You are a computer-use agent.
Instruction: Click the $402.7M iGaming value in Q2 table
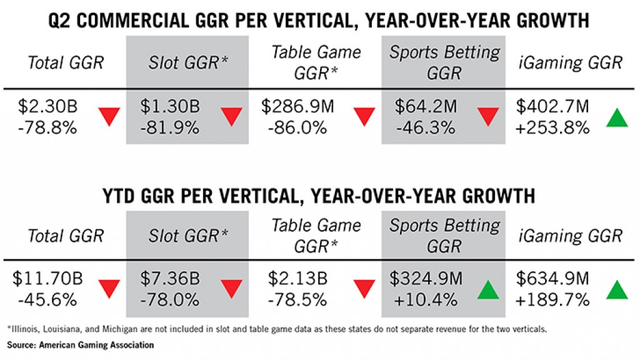552,106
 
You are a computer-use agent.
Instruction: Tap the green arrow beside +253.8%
617,117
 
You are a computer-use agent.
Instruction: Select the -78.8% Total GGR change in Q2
47,128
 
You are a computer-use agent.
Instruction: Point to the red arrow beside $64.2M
488,117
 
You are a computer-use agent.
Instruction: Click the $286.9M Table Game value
297,106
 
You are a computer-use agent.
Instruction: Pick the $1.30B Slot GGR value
170,106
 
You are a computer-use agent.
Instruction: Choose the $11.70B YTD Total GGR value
47,279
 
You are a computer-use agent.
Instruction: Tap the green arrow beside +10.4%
488,290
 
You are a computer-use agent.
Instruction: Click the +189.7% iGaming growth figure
552,301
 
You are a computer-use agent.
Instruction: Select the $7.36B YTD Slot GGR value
170,279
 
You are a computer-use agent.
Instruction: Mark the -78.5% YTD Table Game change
297,301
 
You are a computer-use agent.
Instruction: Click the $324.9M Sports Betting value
426,279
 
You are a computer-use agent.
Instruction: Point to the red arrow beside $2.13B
364,289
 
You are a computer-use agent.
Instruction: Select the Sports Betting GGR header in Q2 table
444,62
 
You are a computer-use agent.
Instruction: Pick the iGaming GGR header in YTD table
571,236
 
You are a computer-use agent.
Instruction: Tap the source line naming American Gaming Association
81,345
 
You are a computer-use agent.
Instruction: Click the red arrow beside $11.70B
109,289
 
